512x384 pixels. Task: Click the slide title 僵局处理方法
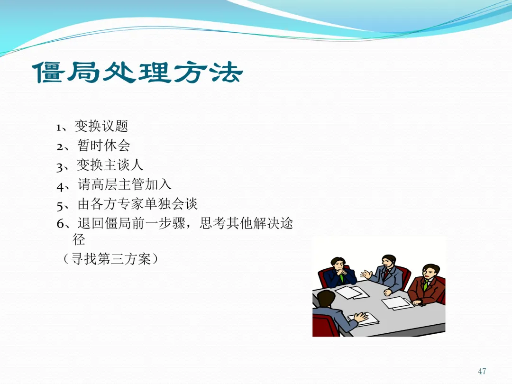coord(137,73)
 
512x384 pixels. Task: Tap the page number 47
coord(482,371)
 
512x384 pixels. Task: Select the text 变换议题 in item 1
coord(101,126)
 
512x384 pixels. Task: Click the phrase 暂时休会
coord(104,146)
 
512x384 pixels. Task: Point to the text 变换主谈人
coord(110,165)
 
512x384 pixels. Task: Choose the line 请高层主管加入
coord(124,184)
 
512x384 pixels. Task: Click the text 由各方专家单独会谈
coord(137,204)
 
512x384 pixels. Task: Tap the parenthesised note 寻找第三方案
coord(110,259)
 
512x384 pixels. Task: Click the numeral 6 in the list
coord(60,224)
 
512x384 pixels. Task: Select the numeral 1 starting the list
coord(58,128)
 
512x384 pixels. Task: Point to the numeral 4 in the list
coord(61,186)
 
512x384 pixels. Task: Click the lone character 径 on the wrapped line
coord(79,240)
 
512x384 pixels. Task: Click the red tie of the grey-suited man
coord(387,274)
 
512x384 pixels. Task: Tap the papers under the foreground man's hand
coord(363,319)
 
